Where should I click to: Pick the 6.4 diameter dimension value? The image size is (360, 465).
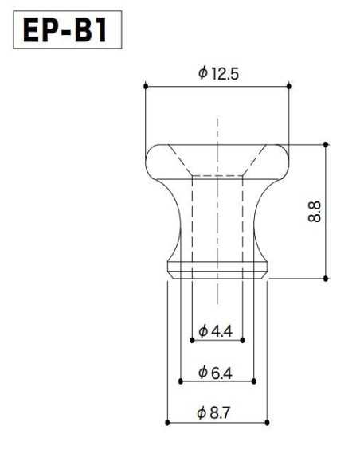[x=221, y=372]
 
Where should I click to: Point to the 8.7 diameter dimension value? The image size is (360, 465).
[x=221, y=413]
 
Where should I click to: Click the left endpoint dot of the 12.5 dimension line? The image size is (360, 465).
[x=145, y=86]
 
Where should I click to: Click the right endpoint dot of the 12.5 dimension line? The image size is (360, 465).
[x=288, y=86]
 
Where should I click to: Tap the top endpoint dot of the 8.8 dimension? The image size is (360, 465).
[x=326, y=144]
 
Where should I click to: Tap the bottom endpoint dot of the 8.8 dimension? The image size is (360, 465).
[x=326, y=278]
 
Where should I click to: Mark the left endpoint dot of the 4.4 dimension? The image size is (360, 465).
[x=192, y=340]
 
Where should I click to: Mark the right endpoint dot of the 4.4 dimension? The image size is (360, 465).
[x=242, y=340]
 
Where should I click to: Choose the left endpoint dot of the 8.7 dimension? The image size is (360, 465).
[x=167, y=423]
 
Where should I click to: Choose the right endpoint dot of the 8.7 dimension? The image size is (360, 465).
[x=267, y=423]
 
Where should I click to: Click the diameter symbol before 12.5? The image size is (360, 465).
[x=202, y=74]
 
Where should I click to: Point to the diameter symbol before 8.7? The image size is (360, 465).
[x=203, y=413]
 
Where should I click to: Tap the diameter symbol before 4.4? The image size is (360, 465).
[x=203, y=331]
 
